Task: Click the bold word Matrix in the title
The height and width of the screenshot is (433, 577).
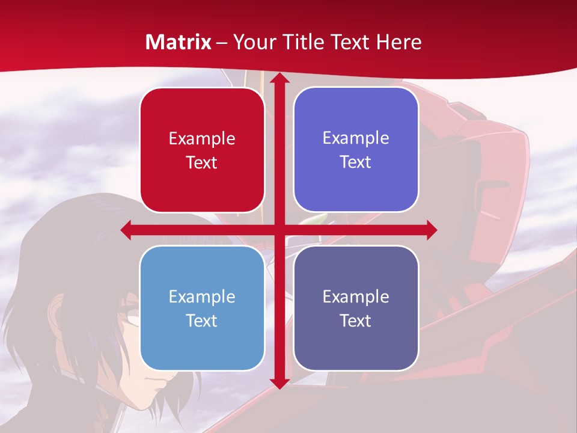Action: pos(179,42)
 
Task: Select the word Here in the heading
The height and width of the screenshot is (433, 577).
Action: pos(398,42)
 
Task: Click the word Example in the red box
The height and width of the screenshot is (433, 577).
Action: pos(202,139)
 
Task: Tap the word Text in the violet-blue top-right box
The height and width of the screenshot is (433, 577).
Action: pos(356,162)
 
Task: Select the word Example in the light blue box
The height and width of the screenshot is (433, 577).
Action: pos(202,296)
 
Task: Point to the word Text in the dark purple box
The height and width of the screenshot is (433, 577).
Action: pos(356,321)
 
